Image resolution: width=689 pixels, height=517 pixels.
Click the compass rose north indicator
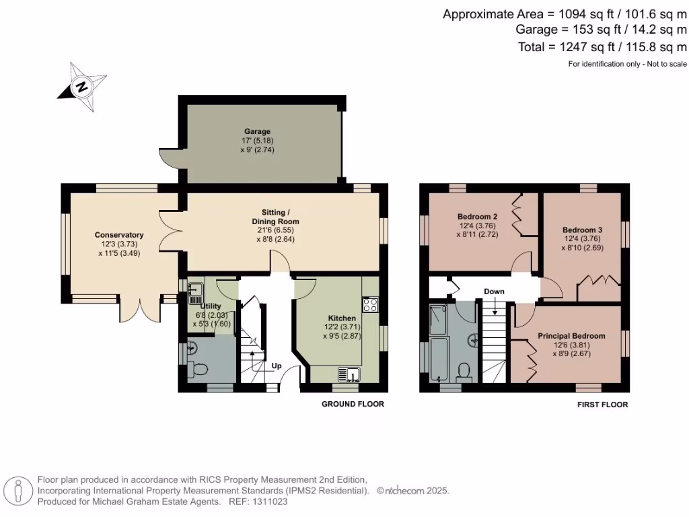point(82,87)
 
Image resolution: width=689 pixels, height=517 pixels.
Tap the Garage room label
point(257,131)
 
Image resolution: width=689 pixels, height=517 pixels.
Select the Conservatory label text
point(119,235)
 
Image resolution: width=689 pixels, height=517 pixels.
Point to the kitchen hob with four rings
point(370,304)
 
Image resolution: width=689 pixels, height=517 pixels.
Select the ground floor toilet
point(198,369)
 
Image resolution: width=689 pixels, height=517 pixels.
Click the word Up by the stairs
point(277,367)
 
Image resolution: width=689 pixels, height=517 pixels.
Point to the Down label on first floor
point(494,291)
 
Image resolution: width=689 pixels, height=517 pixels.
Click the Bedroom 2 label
point(477,216)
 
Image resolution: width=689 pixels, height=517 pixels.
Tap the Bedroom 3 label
point(582,230)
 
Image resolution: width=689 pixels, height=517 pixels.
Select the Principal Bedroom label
point(571,336)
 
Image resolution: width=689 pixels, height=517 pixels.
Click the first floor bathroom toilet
point(463,371)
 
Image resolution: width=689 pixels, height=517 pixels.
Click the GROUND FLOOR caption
point(353,405)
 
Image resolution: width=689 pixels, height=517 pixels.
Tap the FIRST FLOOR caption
point(602,405)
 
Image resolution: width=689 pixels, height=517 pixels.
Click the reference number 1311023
point(270,502)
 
